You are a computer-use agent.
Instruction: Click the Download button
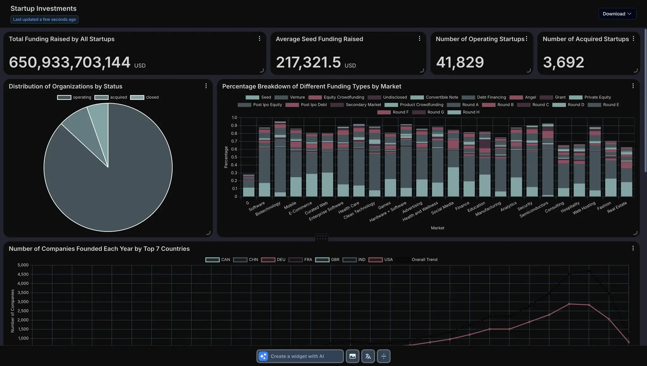click(617, 14)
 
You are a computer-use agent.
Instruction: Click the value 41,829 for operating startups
click(460, 62)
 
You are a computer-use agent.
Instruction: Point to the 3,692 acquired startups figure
click(563, 62)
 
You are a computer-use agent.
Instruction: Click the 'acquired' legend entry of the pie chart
click(111, 97)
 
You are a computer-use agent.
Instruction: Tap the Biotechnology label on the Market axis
click(268, 209)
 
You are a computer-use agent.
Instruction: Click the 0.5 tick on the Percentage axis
click(234, 157)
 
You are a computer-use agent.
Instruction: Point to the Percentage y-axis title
click(226, 157)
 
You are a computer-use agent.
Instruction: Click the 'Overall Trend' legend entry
click(417, 260)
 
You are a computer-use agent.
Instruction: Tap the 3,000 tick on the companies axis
click(23, 302)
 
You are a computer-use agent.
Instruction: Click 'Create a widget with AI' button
click(300, 356)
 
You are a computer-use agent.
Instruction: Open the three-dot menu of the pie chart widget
click(206, 86)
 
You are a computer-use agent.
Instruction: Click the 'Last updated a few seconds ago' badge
click(45, 19)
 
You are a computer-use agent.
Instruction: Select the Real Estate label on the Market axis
click(617, 207)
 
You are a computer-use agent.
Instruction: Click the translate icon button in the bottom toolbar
click(368, 356)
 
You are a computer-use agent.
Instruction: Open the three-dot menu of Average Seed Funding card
click(420, 39)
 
